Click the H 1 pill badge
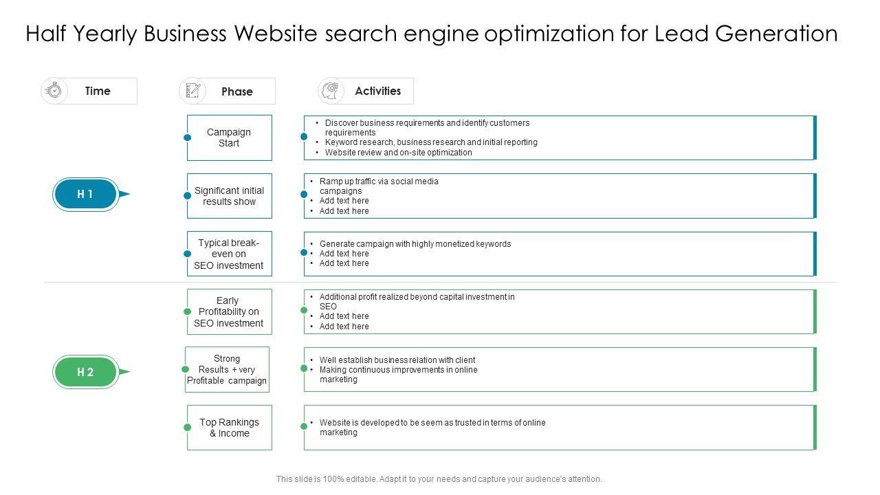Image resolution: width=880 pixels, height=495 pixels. tap(85, 195)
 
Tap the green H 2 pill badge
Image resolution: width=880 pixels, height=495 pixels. tap(85, 372)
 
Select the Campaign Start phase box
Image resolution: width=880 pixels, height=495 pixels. tap(229, 137)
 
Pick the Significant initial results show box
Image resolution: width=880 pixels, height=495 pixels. tap(229, 196)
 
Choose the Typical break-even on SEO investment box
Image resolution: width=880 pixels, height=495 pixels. tap(229, 254)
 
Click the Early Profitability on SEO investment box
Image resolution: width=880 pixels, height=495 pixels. tap(229, 311)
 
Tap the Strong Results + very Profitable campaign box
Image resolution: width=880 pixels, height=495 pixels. tap(227, 369)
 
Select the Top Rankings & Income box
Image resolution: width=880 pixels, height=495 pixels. tap(229, 428)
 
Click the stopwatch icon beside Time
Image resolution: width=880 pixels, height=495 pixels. tap(54, 91)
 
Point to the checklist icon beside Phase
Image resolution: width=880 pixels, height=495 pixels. tap(192, 91)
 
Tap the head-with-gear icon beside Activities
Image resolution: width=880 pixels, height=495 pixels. tap(331, 91)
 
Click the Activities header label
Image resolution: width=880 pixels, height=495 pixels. tap(377, 91)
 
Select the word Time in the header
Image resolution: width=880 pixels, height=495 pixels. tap(98, 91)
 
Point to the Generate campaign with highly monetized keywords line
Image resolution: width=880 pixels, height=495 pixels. tap(415, 244)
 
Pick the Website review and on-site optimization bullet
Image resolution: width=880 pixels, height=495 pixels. tap(398, 153)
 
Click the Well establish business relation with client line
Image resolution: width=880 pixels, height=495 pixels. tap(397, 360)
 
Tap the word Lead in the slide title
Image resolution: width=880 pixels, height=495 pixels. tap(679, 34)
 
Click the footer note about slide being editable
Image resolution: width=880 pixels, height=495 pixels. tap(439, 479)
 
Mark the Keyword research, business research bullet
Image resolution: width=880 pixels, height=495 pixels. tap(431, 142)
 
